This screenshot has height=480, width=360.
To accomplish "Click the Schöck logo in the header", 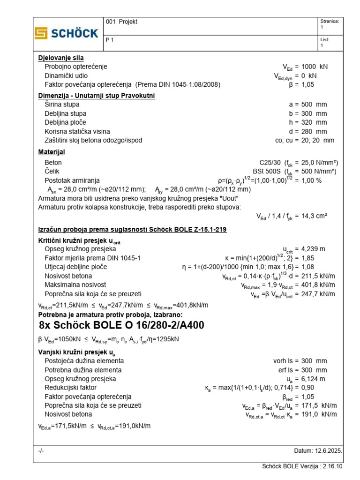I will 67,33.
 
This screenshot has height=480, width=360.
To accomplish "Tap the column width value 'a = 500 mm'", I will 308,105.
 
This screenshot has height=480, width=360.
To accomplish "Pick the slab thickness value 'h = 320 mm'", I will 308,122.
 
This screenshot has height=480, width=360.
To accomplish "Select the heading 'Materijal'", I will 51,152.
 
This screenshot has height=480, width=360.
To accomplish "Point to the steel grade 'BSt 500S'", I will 267,171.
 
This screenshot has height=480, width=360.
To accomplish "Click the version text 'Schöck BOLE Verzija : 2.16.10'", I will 302,466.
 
